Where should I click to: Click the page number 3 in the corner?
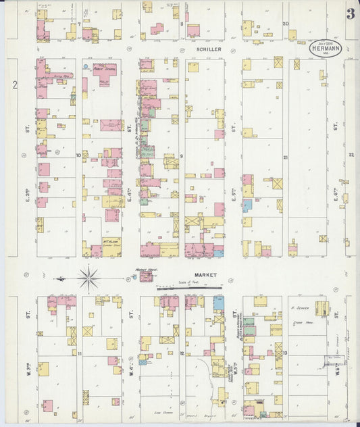click(350, 14)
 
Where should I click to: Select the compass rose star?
click(89, 277)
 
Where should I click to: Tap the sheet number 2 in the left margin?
click(14, 85)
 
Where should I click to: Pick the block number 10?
click(78, 155)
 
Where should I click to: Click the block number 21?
click(286, 157)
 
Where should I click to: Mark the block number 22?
click(351, 155)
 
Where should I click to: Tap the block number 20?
click(286, 24)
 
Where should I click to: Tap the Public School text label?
click(105, 68)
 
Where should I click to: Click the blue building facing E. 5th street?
click(248, 205)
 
